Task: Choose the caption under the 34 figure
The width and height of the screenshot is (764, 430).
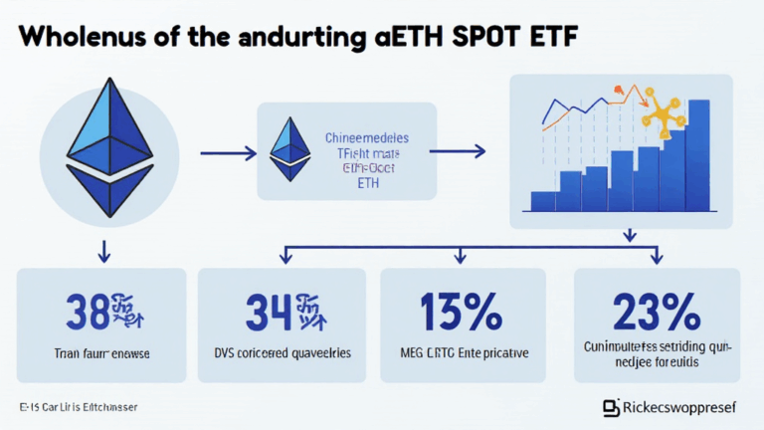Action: click(x=282, y=353)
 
